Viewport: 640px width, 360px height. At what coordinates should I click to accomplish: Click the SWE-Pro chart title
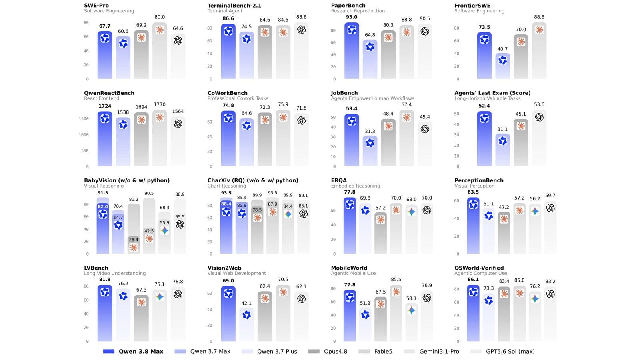tap(96, 6)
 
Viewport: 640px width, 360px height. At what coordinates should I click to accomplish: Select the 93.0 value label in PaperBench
tap(352, 17)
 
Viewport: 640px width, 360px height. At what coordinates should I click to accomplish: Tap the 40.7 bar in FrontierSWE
tap(502, 66)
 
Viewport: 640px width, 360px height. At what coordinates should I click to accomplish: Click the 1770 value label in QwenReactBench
tap(160, 104)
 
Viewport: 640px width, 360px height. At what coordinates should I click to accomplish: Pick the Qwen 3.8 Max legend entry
tap(133, 352)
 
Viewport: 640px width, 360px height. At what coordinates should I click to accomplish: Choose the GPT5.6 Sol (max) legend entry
tap(502, 352)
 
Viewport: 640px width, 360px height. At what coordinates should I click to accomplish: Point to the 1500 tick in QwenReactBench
tap(84, 118)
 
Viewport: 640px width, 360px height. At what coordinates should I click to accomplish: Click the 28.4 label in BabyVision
tap(134, 240)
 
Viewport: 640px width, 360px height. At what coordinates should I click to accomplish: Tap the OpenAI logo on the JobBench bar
tap(425, 129)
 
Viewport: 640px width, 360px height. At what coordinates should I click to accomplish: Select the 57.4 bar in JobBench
tap(406, 138)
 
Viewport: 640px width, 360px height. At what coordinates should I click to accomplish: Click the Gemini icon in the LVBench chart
tap(160, 297)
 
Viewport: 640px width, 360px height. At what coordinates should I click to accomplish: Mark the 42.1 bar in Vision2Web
tap(246, 324)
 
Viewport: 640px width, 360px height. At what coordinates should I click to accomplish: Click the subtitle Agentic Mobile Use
tap(353, 274)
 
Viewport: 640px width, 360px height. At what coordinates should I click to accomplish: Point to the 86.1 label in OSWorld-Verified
tap(473, 280)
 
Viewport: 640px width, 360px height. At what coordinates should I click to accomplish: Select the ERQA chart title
tap(339, 180)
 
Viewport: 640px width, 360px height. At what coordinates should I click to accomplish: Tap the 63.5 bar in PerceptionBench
tap(473, 226)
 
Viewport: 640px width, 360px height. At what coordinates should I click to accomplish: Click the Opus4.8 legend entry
tap(328, 352)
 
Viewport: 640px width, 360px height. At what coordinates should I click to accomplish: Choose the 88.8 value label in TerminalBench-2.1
tap(302, 17)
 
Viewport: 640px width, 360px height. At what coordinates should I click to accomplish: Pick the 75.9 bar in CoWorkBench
tap(283, 138)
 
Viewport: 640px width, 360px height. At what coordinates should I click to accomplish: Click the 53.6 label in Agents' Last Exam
tap(539, 104)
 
